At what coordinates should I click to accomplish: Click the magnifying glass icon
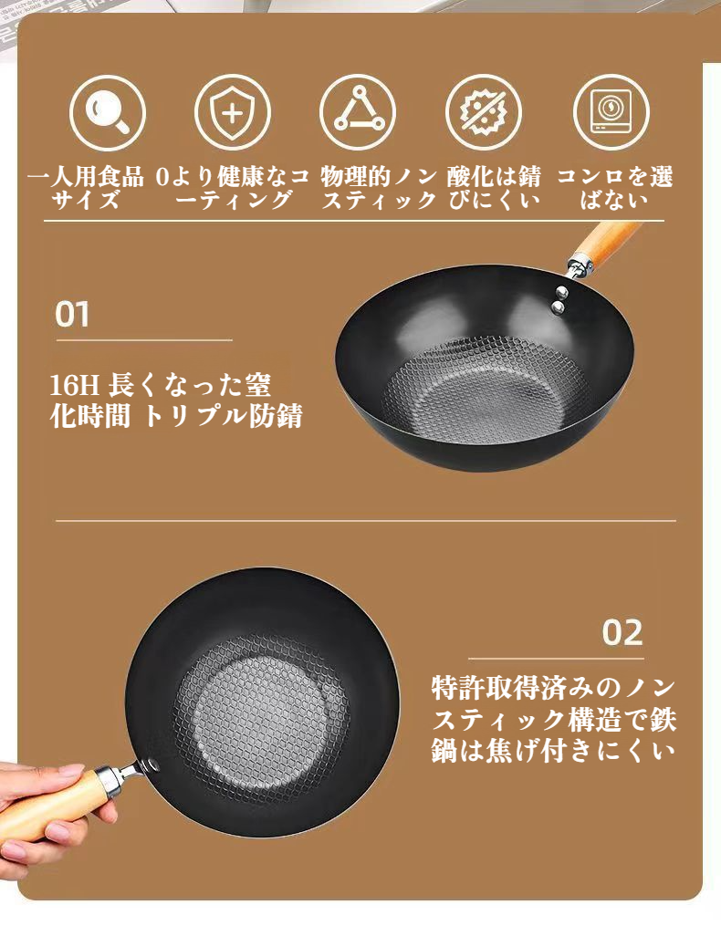coord(108,113)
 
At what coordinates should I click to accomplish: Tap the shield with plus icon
coord(233,112)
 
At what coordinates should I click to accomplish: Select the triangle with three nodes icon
coord(358,112)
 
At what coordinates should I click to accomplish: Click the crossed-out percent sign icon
coord(484,112)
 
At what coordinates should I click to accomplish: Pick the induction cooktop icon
coord(611,112)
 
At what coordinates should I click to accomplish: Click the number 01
coord(72,315)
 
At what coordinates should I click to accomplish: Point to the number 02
coord(622,633)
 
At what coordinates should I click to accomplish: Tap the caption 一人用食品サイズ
coord(86,188)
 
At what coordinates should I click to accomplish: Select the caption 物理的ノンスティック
coord(379,188)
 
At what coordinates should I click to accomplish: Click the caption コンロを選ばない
coord(614,188)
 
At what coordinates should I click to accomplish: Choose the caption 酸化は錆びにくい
coord(494,188)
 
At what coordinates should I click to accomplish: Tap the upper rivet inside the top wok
coord(561,291)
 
